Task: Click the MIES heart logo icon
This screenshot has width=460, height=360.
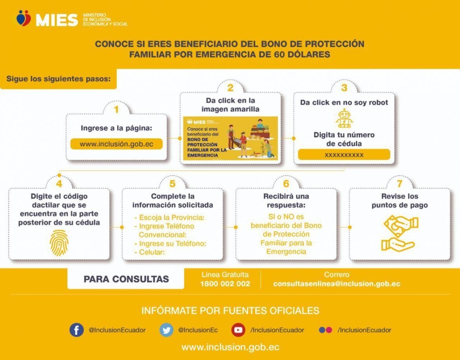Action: click(x=24, y=18)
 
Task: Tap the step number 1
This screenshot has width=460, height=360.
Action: click(x=116, y=109)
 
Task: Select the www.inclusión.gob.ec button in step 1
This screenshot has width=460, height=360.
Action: click(x=116, y=144)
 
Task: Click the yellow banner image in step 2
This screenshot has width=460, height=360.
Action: click(x=230, y=138)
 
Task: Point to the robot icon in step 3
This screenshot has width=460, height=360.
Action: click(x=344, y=118)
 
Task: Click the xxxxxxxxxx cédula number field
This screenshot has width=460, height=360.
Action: click(x=344, y=155)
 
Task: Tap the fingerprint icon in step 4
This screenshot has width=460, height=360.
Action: click(x=59, y=242)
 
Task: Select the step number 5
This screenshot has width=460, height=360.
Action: click(x=173, y=184)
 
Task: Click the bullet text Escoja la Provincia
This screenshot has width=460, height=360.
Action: click(x=169, y=218)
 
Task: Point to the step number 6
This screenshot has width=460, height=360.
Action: click(x=286, y=184)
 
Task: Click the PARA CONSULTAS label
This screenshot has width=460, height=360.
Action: click(x=126, y=279)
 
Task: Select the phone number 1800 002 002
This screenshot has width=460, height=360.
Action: click(x=225, y=284)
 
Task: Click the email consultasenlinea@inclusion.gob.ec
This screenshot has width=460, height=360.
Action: click(x=337, y=284)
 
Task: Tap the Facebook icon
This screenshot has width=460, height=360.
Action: click(x=77, y=330)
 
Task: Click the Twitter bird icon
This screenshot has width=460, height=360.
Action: click(x=166, y=330)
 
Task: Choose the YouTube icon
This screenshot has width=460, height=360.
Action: click(x=238, y=330)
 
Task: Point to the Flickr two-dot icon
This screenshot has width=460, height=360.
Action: click(x=326, y=330)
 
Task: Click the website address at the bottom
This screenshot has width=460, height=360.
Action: click(x=230, y=347)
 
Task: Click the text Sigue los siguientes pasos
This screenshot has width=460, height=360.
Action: click(x=59, y=79)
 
